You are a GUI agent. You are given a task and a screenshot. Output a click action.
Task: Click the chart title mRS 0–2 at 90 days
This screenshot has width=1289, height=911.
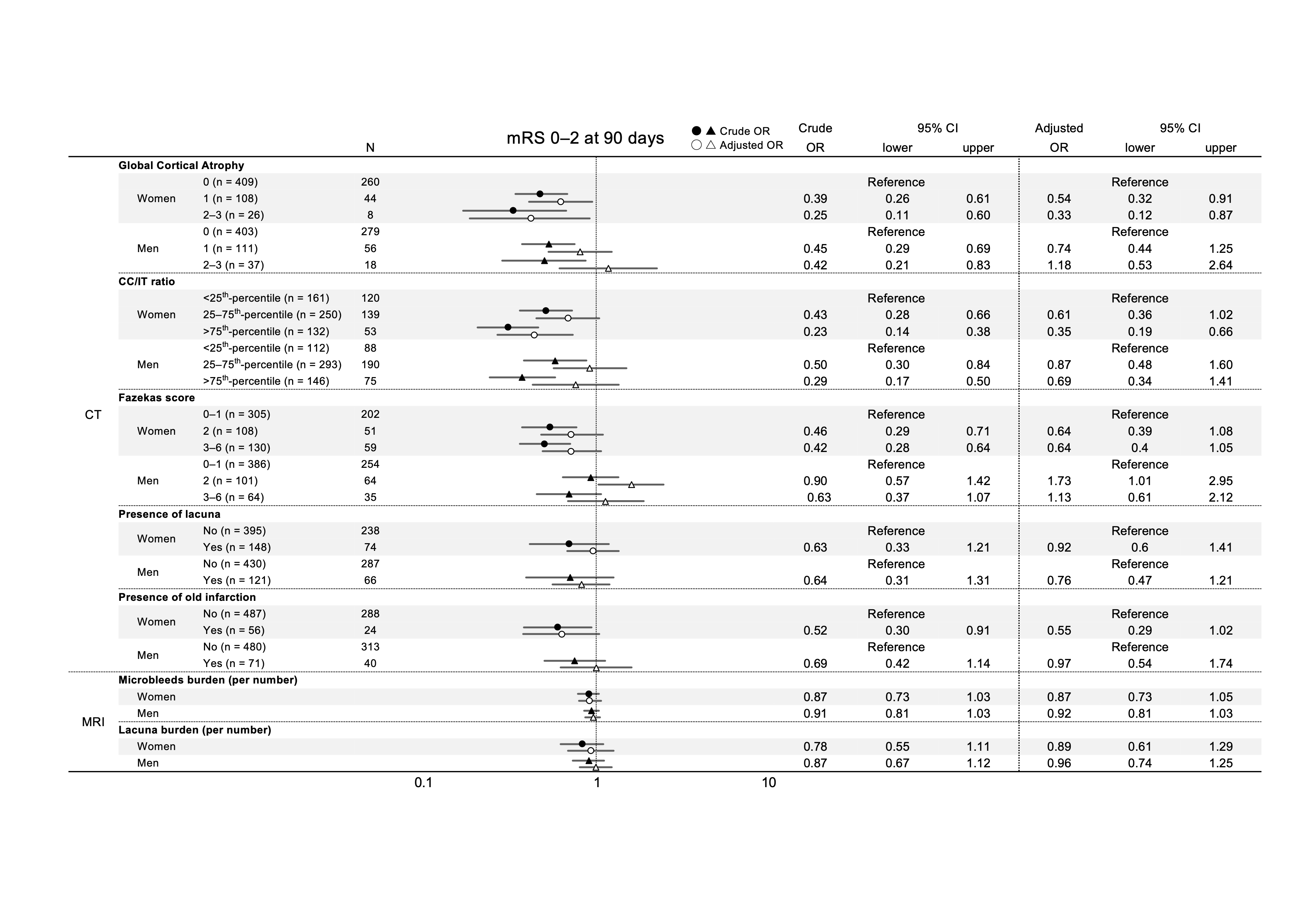coord(585,138)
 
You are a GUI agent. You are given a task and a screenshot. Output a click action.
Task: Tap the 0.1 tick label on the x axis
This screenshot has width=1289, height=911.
coord(423,782)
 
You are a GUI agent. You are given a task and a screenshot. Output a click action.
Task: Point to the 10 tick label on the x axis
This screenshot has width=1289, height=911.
coord(769,782)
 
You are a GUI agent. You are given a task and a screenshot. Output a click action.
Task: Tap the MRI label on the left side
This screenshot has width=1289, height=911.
coord(93,722)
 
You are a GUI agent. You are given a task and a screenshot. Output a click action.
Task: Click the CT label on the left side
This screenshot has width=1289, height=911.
coord(93,415)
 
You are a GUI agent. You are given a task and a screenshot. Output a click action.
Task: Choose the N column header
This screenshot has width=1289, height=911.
coord(370,148)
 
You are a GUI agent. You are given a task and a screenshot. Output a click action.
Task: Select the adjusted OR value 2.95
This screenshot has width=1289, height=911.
coord(1221,481)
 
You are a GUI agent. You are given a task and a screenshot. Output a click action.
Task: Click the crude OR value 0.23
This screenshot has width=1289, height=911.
coord(815,332)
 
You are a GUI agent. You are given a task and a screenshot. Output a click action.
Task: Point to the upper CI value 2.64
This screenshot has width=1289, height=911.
coord(1221,265)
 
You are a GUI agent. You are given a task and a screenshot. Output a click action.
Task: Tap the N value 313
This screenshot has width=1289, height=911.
coord(370,647)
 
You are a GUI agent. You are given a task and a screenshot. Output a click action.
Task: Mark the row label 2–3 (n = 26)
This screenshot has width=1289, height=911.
coord(234,215)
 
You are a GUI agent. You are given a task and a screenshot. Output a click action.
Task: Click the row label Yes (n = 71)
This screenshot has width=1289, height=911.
coord(234,663)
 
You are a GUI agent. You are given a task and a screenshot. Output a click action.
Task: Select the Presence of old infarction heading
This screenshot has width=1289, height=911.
coord(187,597)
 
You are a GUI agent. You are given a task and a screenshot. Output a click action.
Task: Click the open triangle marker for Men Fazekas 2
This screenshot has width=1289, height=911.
coord(631,484)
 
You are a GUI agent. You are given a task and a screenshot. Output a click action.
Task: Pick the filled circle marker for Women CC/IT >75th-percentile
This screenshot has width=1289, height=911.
coord(508,327)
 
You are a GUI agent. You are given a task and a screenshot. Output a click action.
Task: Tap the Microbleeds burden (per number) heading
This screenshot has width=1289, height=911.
coord(208,680)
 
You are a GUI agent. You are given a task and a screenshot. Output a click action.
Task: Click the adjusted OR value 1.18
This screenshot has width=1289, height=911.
coord(1059,265)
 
